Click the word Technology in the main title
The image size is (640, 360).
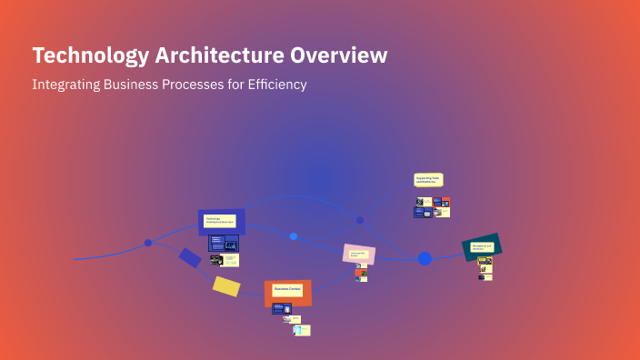pos(77,55)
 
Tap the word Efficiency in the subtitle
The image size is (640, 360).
pos(276,85)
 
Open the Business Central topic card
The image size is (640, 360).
pos(288,292)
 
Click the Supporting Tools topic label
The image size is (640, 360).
pos(428,180)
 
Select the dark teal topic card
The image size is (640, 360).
pos(482,246)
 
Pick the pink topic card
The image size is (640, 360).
pos(358,255)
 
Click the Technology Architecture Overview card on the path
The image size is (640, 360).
pos(221,221)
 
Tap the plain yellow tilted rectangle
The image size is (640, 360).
pos(226,286)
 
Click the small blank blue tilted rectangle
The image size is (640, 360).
pos(190,257)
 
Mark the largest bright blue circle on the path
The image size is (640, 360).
pos(425,259)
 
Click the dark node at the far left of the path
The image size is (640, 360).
pos(148,243)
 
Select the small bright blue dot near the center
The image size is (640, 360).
pos(294,236)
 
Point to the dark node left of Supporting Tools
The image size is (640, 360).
pos(360,220)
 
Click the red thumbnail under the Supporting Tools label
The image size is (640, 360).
pos(445,201)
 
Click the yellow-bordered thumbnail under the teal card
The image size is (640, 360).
pos(484,261)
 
